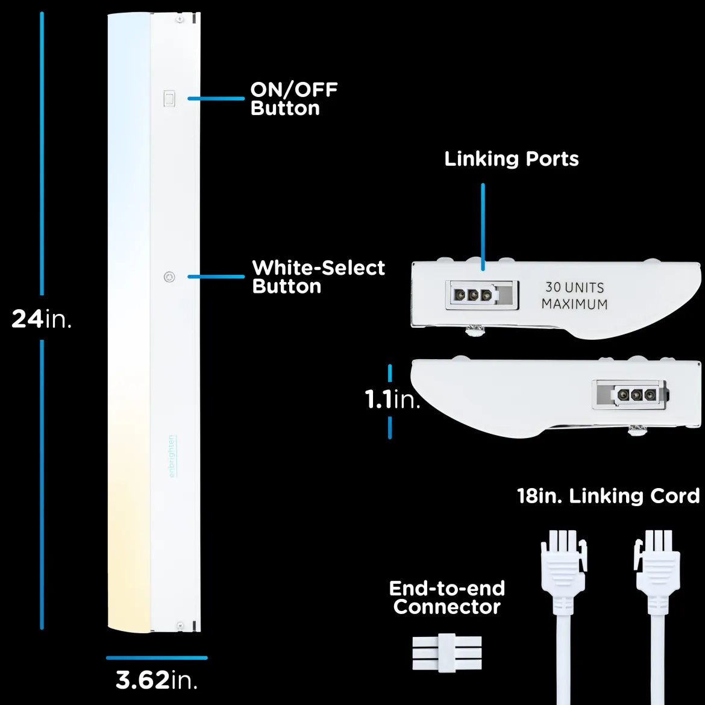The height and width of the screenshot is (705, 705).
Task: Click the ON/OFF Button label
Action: (294, 99)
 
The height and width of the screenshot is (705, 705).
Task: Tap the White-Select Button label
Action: (318, 277)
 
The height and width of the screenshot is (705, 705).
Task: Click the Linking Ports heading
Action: (511, 158)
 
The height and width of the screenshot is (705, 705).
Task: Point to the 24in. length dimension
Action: (42, 319)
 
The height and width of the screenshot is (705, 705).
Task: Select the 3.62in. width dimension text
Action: (157, 679)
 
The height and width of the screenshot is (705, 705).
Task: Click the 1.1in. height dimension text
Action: (392, 399)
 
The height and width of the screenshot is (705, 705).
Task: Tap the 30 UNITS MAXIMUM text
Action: (574, 295)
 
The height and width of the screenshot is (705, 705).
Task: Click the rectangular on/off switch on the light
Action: (169, 98)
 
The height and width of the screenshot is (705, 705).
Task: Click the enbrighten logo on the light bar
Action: (172, 456)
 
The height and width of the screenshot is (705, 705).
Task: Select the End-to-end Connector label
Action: (447, 598)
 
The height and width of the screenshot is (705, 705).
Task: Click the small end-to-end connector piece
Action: (447, 653)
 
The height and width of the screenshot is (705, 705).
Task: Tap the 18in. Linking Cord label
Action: (609, 496)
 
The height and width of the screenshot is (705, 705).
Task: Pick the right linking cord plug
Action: (657, 571)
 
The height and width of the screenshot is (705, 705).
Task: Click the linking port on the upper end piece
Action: (481, 295)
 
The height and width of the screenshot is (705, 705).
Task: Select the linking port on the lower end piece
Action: (630, 395)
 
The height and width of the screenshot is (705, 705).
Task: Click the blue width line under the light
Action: (157, 658)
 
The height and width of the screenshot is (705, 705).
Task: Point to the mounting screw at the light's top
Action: (180, 19)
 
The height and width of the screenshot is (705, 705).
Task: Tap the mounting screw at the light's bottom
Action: (180, 625)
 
